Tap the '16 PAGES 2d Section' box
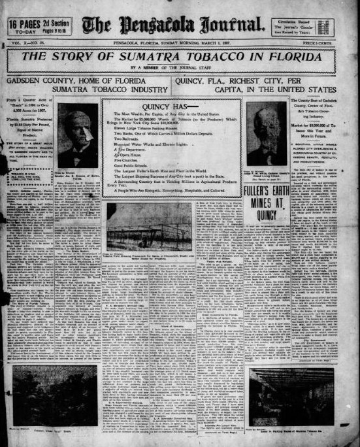click(40, 27)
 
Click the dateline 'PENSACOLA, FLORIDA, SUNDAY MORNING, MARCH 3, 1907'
click(179, 43)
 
